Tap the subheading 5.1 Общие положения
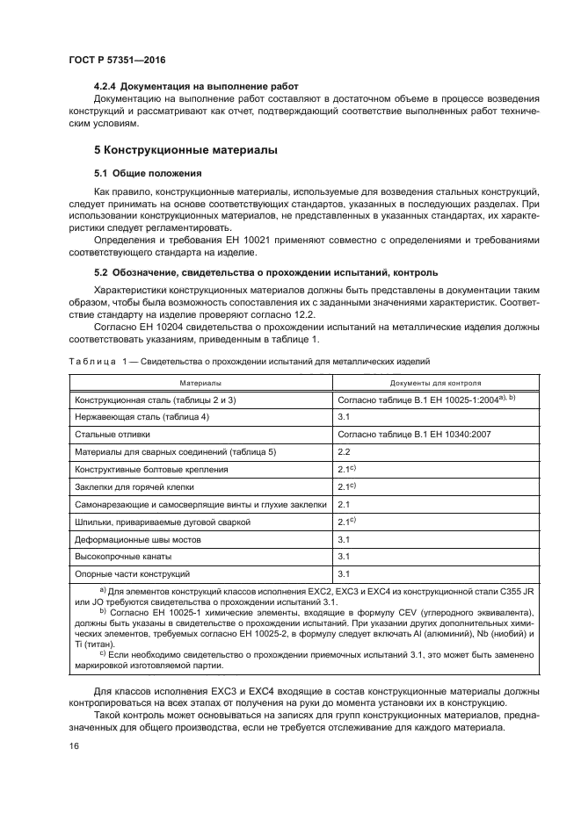148,173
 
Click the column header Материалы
200,383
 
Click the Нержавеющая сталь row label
142,417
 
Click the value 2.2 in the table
345,451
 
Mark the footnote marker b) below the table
103,611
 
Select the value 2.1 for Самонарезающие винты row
345,504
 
